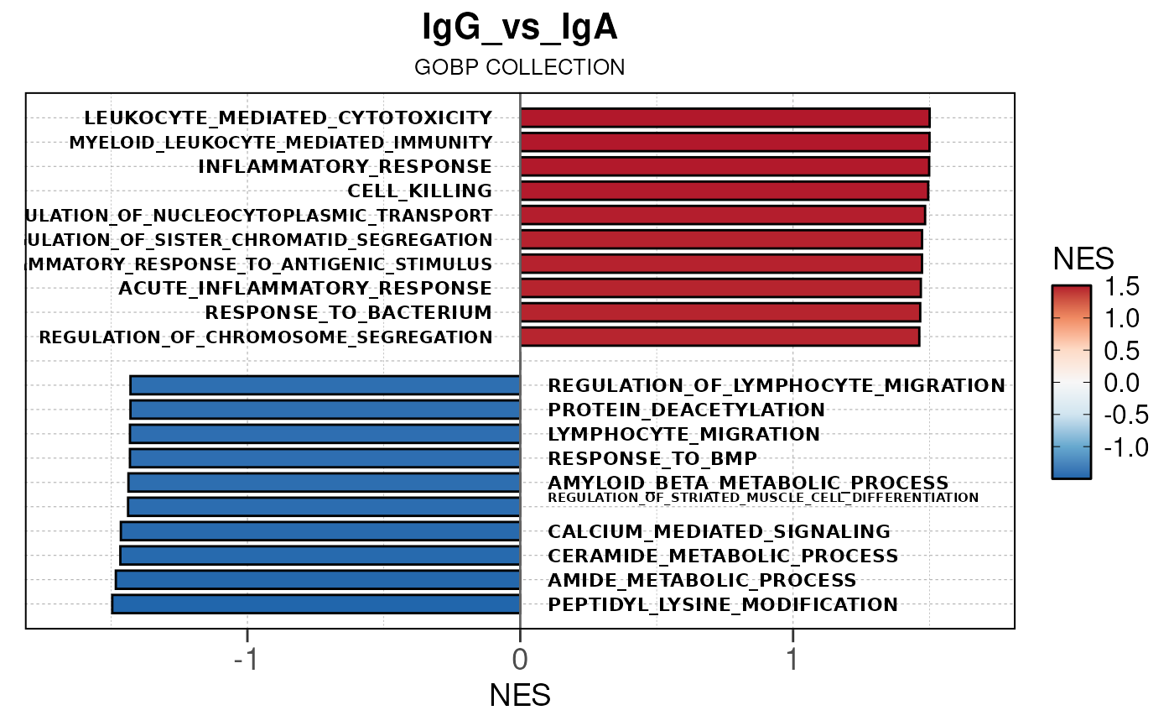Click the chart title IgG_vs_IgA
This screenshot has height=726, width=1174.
coord(520,29)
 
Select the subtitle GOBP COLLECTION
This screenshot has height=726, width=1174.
coord(520,67)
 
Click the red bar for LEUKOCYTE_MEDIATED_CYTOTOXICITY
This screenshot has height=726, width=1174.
coord(725,118)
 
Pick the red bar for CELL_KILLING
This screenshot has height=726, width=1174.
coord(724,191)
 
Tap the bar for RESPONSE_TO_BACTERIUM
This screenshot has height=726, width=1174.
coord(720,312)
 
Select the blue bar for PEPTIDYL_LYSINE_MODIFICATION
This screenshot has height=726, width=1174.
coord(316,603)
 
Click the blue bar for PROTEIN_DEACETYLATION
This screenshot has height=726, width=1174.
coord(325,410)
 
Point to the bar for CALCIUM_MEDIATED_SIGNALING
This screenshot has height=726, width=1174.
coord(320,531)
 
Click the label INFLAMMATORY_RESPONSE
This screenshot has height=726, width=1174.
coord(345,166)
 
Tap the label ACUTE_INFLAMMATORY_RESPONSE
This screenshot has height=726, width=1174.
coord(305,288)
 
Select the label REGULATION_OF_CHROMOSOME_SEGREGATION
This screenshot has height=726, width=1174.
coord(266,337)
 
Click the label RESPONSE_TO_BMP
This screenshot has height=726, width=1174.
coord(652,458)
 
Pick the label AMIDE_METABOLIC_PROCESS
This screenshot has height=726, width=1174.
coord(702,580)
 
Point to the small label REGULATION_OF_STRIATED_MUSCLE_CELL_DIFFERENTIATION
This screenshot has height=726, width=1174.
coord(763,498)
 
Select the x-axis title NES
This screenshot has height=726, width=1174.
coord(520,695)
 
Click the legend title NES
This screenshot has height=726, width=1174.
coord(1083,259)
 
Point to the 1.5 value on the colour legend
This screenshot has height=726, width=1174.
coord(1122,287)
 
